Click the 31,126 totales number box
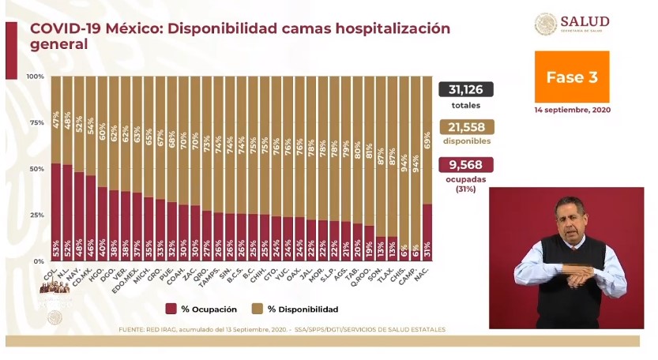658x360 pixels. [x=466, y=90]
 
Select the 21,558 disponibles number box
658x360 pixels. [x=466, y=127]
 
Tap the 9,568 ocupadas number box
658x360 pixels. [x=466, y=164]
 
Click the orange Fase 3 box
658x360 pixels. [x=572, y=77]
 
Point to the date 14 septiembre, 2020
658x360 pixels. [x=572, y=110]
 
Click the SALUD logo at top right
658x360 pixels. [x=572, y=24]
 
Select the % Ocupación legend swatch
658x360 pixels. [x=171, y=309]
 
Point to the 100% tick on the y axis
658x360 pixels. [x=35, y=77]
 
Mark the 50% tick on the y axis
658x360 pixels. [x=36, y=169]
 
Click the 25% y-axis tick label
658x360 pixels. [x=36, y=215]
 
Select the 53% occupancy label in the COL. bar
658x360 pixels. [x=56, y=246]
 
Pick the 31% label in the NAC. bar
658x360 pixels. [x=427, y=246]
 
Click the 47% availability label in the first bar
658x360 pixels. [x=56, y=119]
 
